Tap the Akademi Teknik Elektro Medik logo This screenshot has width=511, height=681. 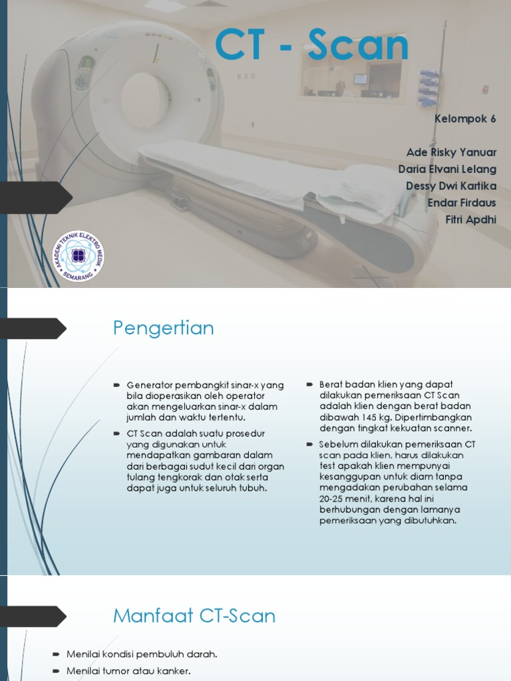pyautogui.click(x=79, y=256)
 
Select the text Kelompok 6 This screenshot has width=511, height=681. pyautogui.click(x=465, y=120)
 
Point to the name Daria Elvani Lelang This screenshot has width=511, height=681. pyautogui.click(x=447, y=169)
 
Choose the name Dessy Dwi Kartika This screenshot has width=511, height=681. pyautogui.click(x=451, y=186)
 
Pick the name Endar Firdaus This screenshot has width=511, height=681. pyautogui.click(x=461, y=202)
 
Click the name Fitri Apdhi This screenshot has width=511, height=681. pyautogui.click(x=470, y=219)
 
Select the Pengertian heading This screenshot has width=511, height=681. pyautogui.click(x=163, y=328)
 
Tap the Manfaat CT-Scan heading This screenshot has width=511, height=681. pyautogui.click(x=194, y=615)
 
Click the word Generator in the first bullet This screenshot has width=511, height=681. pyautogui.click(x=149, y=385)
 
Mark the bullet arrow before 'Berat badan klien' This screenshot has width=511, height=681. pyautogui.click(x=310, y=384)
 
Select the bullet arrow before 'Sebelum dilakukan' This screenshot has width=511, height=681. pyautogui.click(x=310, y=444)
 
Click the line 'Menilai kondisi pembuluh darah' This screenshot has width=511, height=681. pyautogui.click(x=142, y=654)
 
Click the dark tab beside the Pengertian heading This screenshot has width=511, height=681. pyautogui.click(x=33, y=329)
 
